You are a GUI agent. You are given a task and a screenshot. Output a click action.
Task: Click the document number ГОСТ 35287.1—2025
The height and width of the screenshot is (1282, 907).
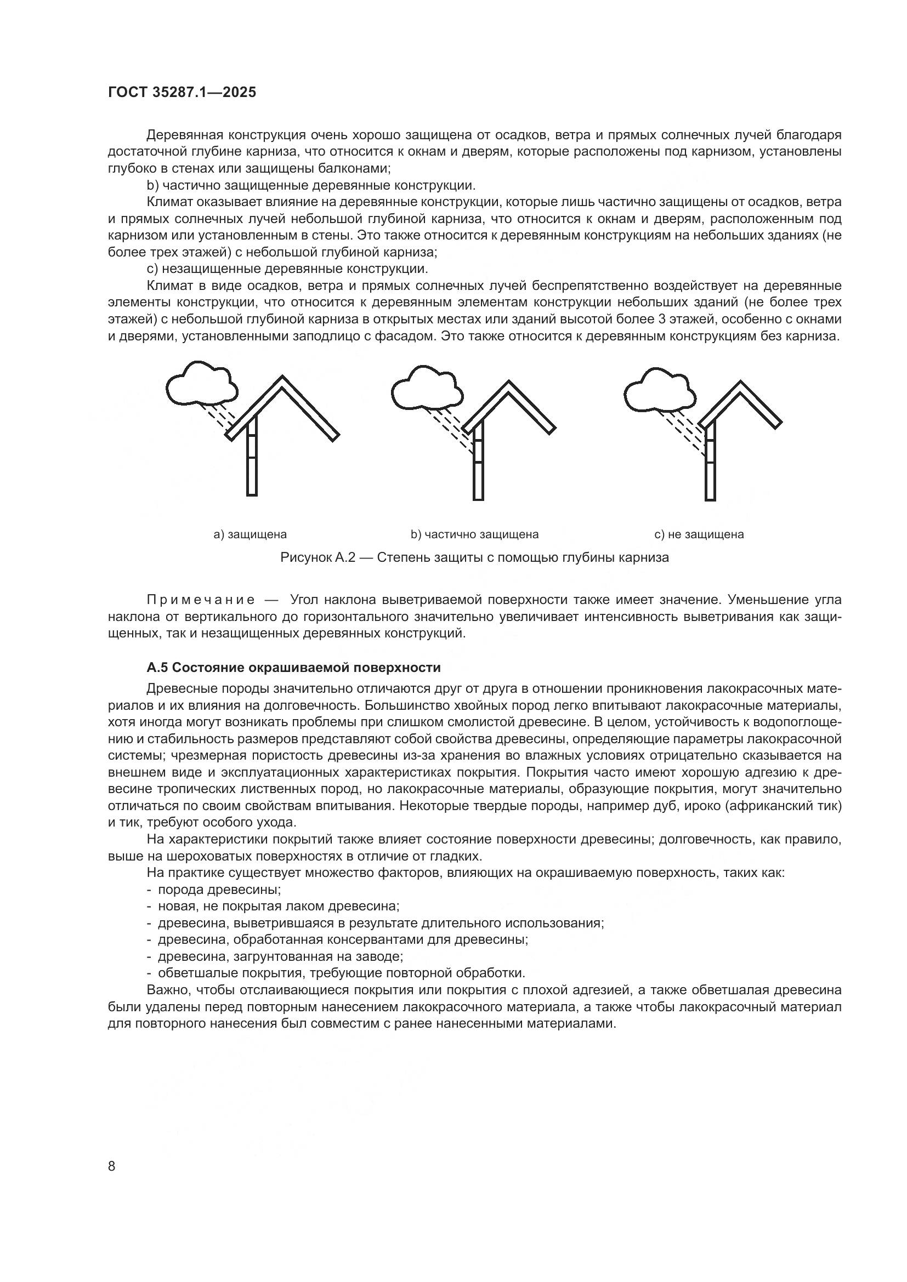182,93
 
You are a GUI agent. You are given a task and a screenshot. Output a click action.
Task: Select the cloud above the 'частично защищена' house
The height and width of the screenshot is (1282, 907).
427,389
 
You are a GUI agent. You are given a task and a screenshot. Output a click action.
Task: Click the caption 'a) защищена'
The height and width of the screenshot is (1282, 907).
250,534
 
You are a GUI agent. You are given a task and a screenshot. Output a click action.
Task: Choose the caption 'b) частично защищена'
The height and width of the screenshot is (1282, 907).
474,534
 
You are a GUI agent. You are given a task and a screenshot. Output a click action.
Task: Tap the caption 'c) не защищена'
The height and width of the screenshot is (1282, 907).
699,534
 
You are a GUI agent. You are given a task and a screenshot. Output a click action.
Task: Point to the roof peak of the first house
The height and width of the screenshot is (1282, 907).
281,379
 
